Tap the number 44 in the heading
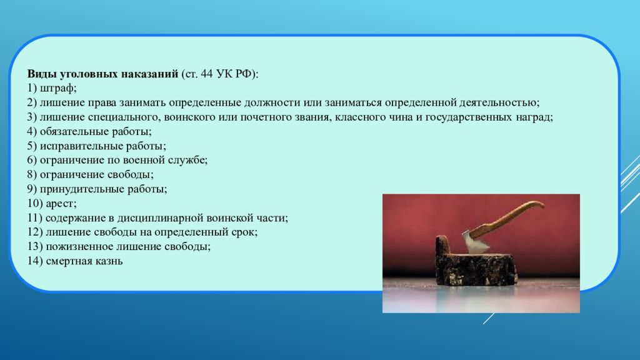coord(207,74)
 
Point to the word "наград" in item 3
coord(532,117)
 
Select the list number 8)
coord(32,175)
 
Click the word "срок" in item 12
coord(245,232)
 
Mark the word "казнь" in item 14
coord(109,261)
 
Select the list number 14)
coord(35,261)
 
